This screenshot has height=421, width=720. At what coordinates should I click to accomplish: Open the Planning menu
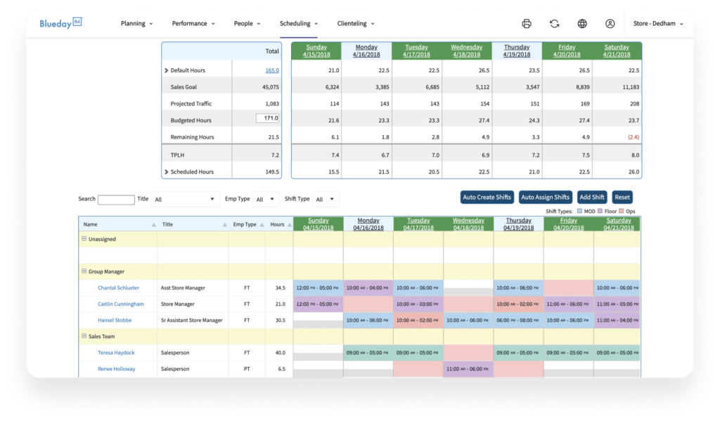coord(137,23)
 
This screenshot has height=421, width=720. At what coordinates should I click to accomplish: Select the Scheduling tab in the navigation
coord(299,23)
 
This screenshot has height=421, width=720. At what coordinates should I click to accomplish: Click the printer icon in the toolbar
coord(527,23)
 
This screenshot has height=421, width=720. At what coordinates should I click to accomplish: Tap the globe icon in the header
coord(582,23)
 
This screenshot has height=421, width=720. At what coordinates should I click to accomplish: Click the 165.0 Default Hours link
coord(272,70)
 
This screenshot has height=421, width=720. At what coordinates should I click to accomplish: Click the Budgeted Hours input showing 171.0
coord(268,119)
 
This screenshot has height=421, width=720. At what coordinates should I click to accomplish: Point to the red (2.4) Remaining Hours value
coord(631,137)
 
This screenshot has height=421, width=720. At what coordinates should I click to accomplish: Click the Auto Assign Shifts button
coord(545,197)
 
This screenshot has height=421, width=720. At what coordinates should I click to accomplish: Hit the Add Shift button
coord(592,197)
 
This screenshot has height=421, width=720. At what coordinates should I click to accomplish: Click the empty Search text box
coord(116,200)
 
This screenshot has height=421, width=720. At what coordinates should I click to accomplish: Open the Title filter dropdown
coord(185,200)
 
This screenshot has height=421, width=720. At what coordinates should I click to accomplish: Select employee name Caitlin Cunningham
coord(121,304)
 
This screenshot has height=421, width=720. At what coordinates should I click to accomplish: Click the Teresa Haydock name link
coord(117,353)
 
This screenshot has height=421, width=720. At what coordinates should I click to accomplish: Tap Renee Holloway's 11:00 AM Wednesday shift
coord(468,369)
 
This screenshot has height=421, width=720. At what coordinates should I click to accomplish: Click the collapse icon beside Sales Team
coord(84,337)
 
